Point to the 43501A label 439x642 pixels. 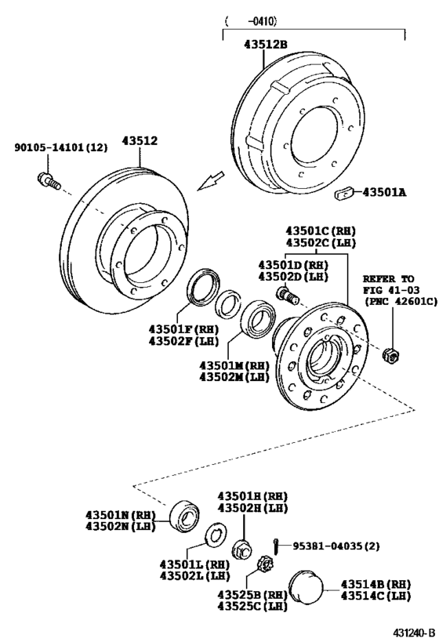coord(385,190)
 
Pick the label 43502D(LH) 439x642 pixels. coord(294,277)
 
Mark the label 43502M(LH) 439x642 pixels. coord(233,377)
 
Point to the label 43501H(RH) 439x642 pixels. coord(252,495)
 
